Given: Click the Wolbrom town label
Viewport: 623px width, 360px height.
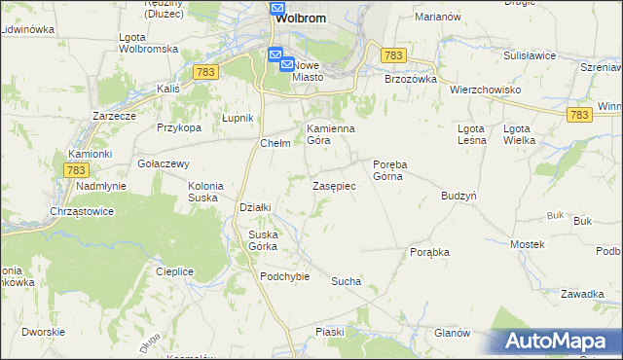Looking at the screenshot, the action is click(x=299, y=18).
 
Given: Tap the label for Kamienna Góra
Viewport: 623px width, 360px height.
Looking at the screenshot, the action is click(x=331, y=134).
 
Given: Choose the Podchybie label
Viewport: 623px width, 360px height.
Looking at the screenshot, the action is click(x=284, y=275).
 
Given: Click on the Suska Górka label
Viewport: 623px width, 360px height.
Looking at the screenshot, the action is click(x=263, y=239).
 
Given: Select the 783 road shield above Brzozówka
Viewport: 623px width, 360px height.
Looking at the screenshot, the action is click(x=393, y=56).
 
